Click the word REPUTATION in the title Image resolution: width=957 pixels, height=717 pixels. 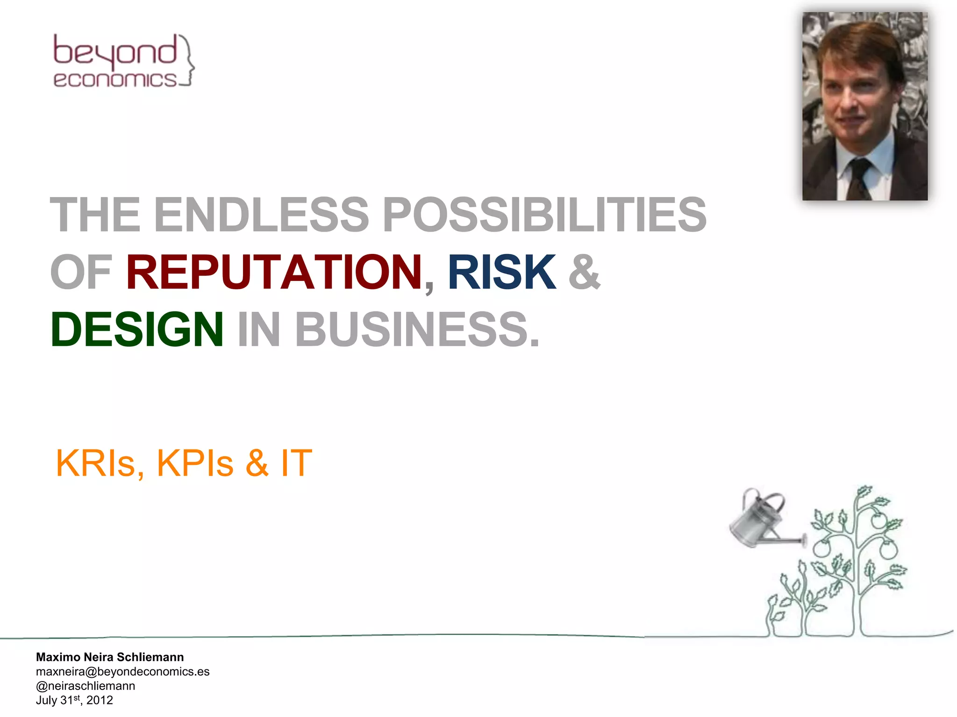(274, 272)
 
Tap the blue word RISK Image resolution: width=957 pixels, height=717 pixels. (502, 272)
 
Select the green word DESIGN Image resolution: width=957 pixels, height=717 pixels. (137, 330)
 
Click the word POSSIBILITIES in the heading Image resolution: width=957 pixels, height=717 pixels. (544, 215)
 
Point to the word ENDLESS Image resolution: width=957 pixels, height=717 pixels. (262, 215)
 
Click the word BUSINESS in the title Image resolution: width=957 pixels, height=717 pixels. (411, 330)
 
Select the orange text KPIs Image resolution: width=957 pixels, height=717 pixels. (195, 463)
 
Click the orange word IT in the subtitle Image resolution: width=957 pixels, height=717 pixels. (296, 463)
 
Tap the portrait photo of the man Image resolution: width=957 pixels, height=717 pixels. (864, 106)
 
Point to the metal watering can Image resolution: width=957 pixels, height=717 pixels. (759, 520)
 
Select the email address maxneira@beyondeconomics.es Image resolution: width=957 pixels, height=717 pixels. (122, 671)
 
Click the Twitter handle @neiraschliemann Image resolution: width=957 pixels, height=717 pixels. (86, 686)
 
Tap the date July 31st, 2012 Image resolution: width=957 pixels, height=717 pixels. (74, 700)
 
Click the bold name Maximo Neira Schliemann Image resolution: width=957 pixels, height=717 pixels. (110, 657)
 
